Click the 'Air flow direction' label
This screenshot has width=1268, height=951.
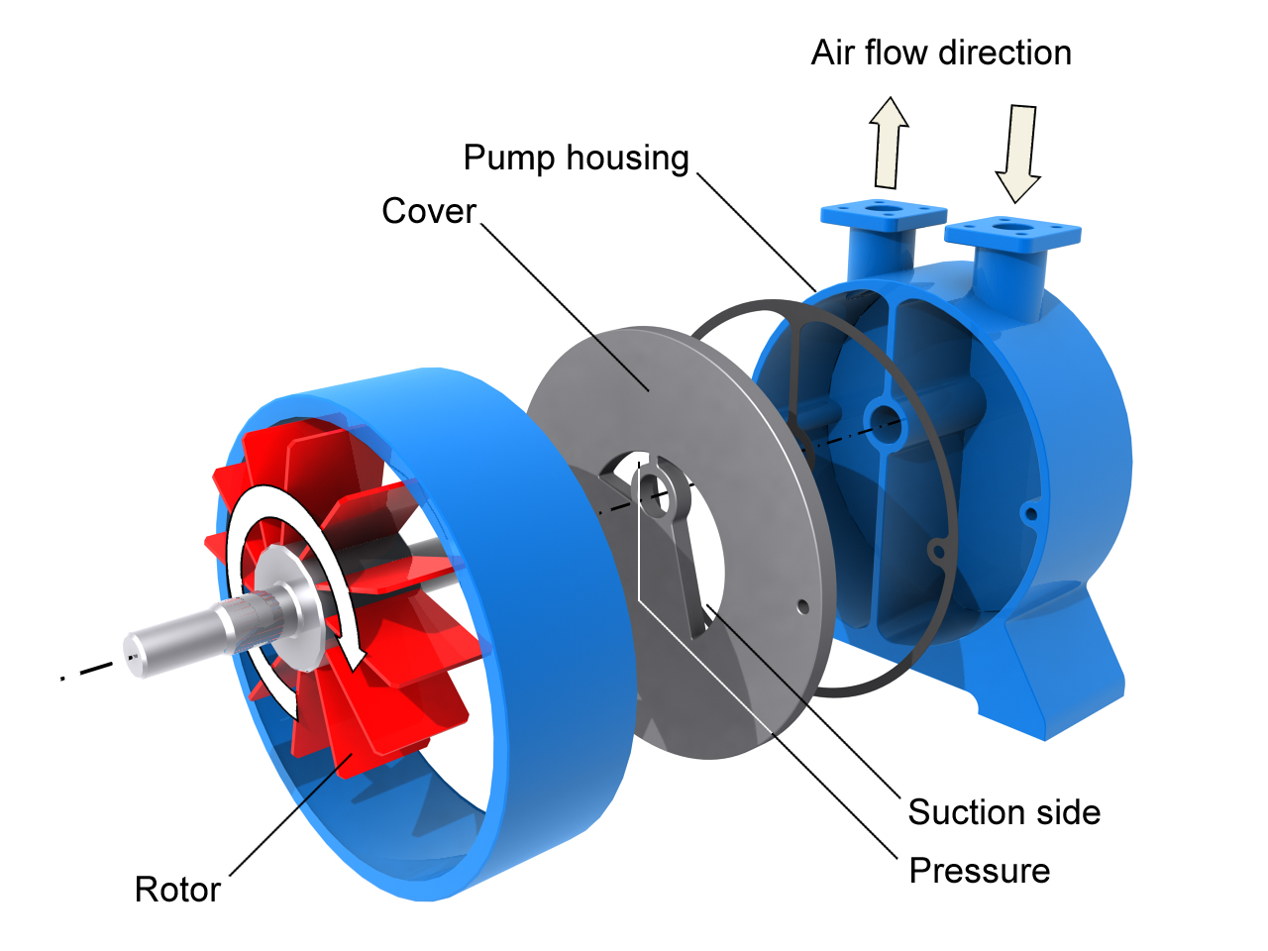(941, 53)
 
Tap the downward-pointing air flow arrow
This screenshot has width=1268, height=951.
(1018, 152)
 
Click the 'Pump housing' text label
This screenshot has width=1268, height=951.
(576, 158)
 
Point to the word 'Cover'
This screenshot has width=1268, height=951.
(429, 211)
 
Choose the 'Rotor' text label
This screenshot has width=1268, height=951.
(177, 890)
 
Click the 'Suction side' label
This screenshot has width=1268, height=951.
(1004, 812)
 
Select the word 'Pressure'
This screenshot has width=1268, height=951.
(980, 871)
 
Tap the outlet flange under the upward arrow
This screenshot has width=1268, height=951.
(883, 214)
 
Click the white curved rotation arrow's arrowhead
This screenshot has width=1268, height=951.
(349, 654)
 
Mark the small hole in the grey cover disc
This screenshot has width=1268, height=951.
(803, 606)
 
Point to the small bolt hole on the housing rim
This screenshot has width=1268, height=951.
(1030, 513)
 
